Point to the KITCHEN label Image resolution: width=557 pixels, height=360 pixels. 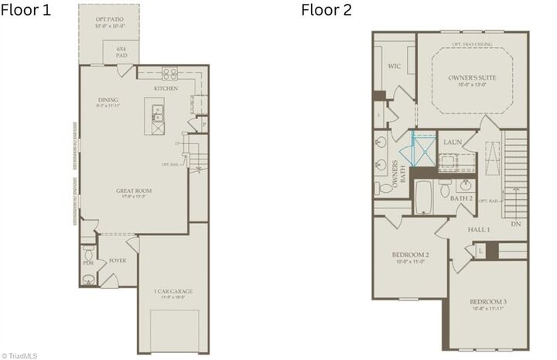pyautogui.click(x=166, y=88)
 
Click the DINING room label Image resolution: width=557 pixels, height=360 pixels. pyautogui.click(x=108, y=100)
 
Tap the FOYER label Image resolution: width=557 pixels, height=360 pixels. pyautogui.click(x=117, y=260)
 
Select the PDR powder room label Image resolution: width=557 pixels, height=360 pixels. pyautogui.click(x=88, y=263)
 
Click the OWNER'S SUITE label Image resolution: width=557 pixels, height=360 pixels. pyautogui.click(x=472, y=78)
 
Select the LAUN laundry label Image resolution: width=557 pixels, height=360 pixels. pyautogui.click(x=453, y=142)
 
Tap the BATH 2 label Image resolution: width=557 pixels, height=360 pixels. pyautogui.click(x=462, y=198)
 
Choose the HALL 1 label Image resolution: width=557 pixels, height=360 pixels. pyautogui.click(x=479, y=230)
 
